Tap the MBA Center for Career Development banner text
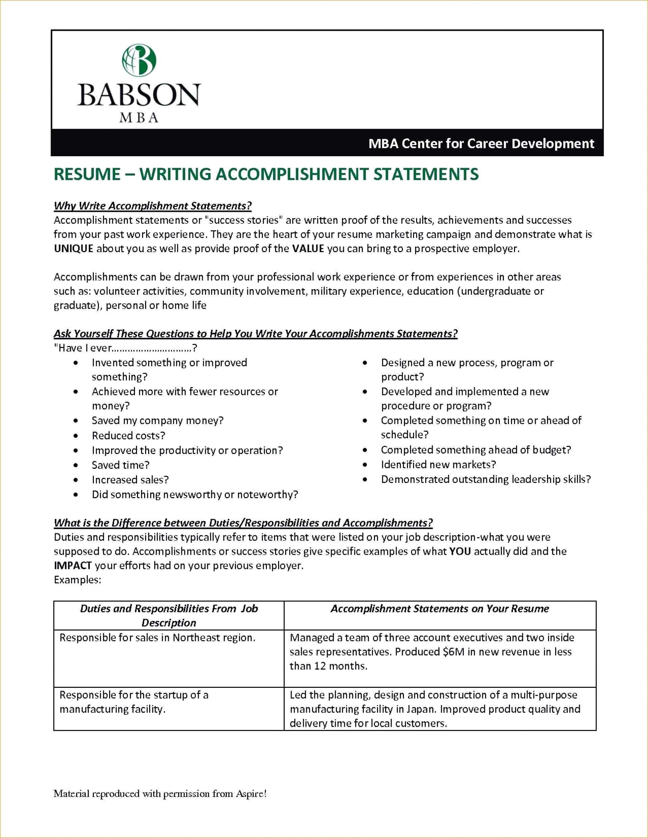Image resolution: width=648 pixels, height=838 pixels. [x=481, y=143]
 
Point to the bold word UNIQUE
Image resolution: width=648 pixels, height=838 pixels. [x=73, y=249]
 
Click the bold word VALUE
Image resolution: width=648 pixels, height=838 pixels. [x=308, y=249]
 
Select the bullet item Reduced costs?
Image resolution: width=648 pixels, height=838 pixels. [x=128, y=435]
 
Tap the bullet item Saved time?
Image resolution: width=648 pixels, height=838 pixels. [x=120, y=465]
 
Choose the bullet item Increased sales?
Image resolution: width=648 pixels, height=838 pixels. [x=130, y=480]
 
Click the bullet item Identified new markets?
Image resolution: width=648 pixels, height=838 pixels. [x=438, y=465]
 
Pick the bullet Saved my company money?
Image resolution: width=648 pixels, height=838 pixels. [x=157, y=421]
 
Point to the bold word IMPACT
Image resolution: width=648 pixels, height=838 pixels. [x=73, y=566]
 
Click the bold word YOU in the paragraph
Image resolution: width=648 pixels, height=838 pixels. [x=460, y=551]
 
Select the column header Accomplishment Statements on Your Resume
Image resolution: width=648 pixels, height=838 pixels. [x=440, y=609]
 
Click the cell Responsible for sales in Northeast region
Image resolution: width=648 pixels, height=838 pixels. [x=157, y=638]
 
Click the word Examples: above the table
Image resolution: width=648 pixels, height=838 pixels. [x=77, y=580]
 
